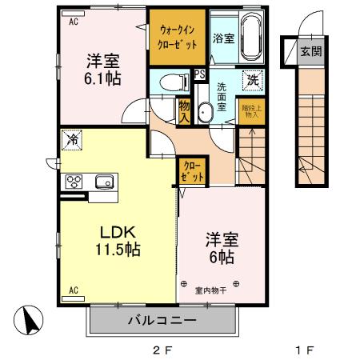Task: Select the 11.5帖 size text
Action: [x=119, y=250]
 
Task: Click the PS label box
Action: [x=199, y=73]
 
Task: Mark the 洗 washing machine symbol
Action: [x=252, y=80]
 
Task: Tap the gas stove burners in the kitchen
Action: [x=74, y=180]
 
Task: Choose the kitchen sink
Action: [x=104, y=180]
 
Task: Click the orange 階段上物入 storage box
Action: [x=251, y=110]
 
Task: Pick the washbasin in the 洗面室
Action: [x=205, y=111]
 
